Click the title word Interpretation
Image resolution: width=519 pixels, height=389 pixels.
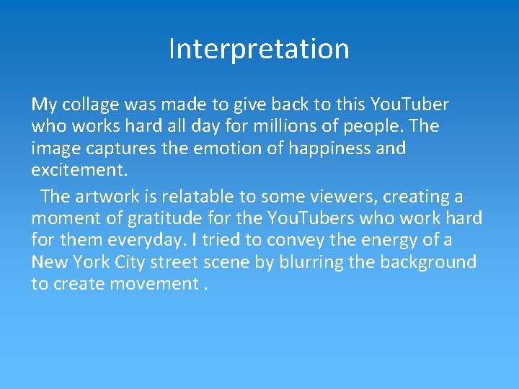[x=259, y=49]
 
